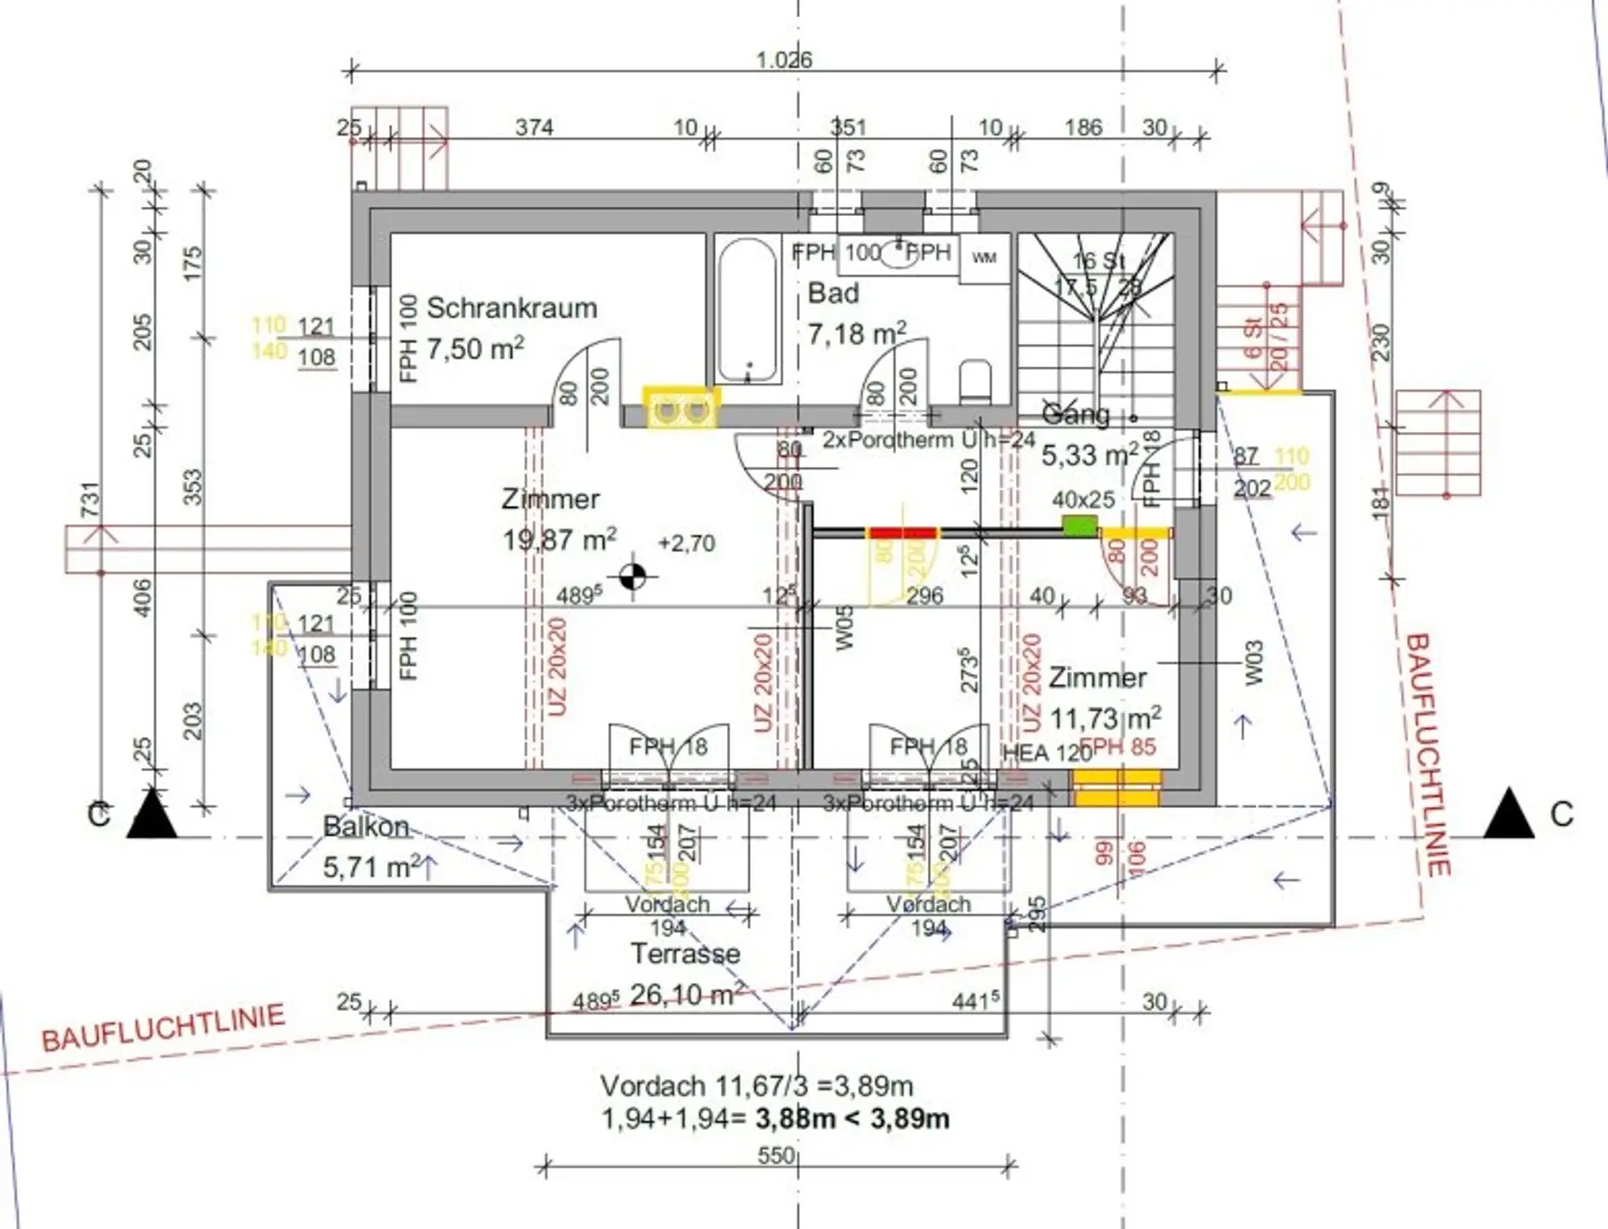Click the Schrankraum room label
click(512, 308)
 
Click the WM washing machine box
click(984, 258)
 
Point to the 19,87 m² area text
click(559, 539)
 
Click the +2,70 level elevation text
click(687, 543)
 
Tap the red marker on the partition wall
click(901, 532)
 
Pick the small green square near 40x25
click(1080, 526)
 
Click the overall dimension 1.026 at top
click(784, 60)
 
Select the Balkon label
click(366, 827)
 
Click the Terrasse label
click(685, 954)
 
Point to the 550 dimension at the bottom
click(776, 1156)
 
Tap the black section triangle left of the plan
click(152, 815)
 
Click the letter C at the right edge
click(1561, 815)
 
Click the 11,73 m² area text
click(1105, 718)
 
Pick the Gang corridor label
click(1075, 414)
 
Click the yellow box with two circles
click(681, 409)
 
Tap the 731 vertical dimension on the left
click(90, 499)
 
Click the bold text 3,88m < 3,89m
click(853, 1118)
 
